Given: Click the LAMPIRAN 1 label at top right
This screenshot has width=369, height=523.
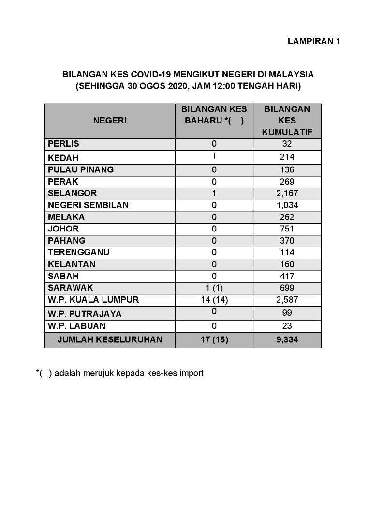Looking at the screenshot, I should coord(314,42).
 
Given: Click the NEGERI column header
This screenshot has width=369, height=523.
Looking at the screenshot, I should coord(110,121).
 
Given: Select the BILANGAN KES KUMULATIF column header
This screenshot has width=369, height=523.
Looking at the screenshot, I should coord(287,121).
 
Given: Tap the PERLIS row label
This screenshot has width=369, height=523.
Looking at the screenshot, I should coord(63,144).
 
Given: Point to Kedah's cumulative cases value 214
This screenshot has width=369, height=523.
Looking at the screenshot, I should coord(287,157).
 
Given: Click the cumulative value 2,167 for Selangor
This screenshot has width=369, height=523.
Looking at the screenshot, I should coord(287,193).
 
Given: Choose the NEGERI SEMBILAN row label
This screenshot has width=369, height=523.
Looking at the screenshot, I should coord(89,205).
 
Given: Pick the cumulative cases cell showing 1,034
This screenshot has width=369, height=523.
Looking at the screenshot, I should coord(287,205).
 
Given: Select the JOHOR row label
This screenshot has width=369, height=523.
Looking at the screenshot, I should coord(63,229).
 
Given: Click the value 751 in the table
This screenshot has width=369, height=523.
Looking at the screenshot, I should coord(287,229).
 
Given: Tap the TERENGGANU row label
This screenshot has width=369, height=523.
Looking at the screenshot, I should coord(79,252).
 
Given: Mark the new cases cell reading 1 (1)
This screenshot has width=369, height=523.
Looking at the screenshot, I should coord(214,288).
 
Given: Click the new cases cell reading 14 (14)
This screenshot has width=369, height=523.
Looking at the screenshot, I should coord(214,300).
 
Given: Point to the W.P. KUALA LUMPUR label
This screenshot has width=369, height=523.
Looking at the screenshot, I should coord(93,300).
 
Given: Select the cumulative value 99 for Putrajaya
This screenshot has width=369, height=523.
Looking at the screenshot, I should coord(287,313).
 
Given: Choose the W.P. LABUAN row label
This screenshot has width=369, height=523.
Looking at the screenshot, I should coord(76,326).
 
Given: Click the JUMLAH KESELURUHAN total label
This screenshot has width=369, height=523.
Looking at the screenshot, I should coord(110,340).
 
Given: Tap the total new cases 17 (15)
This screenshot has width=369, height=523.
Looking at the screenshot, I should coord(214,340).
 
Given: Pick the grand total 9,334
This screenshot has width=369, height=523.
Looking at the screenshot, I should coord(287,340).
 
